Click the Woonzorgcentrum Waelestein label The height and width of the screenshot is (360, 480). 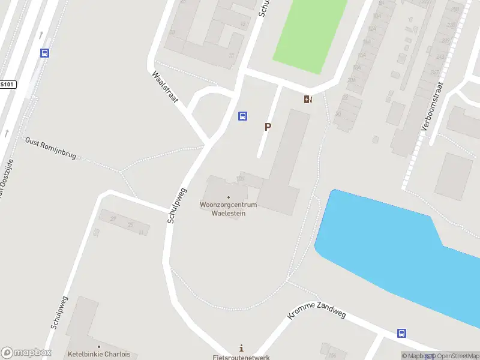tap(228, 209)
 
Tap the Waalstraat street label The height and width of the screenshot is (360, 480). tap(165, 88)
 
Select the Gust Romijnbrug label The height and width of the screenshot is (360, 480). tap(50, 148)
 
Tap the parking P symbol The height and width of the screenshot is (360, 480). tap(268, 127)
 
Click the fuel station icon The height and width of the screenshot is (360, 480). tap(308, 100)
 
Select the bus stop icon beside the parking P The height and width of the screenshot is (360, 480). tap(243, 116)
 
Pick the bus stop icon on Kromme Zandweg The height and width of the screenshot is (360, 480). tap(401, 333)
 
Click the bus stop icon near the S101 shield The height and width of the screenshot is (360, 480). tap(44, 53)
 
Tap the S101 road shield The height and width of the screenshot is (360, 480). tap(7, 85)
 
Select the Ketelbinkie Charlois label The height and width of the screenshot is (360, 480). tap(99, 354)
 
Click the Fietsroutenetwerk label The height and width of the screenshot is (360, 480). tap(241, 358)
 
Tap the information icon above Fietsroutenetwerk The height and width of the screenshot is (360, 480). tap(241, 348)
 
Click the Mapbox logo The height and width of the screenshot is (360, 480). tap(26, 352)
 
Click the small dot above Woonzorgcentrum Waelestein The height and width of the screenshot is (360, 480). tap(228, 197)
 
